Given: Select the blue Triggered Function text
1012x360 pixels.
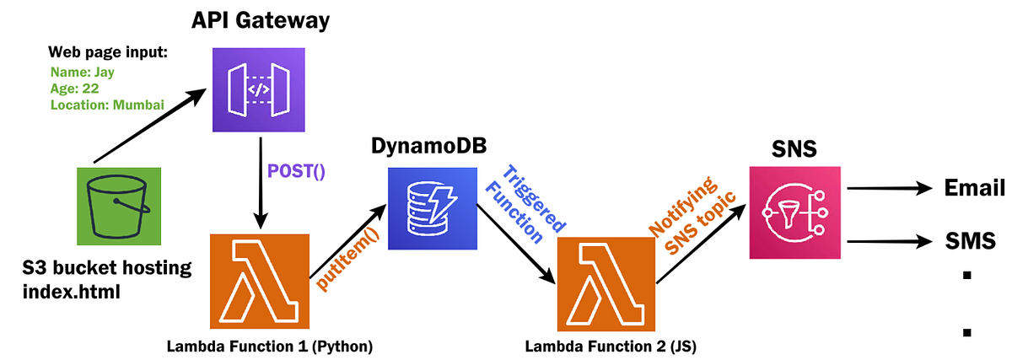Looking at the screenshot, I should [524, 204].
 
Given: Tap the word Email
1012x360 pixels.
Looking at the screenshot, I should [974, 188].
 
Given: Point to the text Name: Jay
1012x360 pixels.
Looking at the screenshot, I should [82, 73].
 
